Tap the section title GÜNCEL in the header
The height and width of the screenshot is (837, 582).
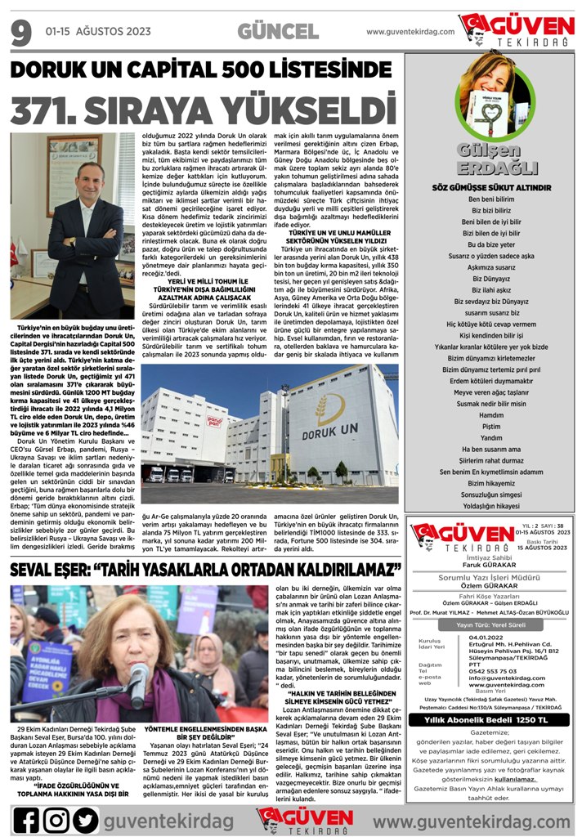(278, 32)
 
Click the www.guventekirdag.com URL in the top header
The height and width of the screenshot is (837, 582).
(410, 32)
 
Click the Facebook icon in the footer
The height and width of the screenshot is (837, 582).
(25, 819)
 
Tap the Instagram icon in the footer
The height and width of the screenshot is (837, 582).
(56, 819)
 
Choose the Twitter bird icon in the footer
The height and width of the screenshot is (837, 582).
(86, 819)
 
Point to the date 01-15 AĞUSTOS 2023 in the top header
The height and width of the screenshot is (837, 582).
(98, 32)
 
